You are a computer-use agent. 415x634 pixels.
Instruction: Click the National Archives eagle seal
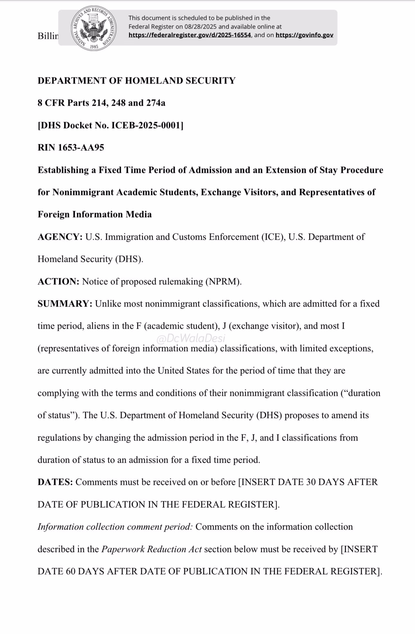coord(94,28)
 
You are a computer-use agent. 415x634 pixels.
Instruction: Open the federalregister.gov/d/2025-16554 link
coord(189,35)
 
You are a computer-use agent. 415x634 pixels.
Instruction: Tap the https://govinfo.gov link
coord(304,35)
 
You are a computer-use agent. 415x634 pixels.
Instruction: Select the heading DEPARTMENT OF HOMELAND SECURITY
coord(136,81)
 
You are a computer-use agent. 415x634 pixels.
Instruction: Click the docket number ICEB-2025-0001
coord(146,125)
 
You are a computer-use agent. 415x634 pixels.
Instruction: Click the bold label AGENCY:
coord(60,237)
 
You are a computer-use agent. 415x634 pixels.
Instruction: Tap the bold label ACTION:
coord(58,281)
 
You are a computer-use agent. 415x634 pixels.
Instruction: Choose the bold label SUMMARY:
coord(65,304)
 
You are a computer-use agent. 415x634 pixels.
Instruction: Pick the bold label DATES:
coord(55,482)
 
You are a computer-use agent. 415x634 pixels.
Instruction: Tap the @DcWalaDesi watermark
coord(191,338)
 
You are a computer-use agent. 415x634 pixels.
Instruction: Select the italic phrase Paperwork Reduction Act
coord(152,549)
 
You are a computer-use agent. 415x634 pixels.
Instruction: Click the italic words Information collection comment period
coord(115,527)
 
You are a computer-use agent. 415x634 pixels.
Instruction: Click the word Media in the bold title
coord(138,214)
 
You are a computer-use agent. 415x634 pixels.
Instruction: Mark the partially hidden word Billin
coord(48,36)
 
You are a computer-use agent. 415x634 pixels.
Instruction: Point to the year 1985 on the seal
coord(94,47)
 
